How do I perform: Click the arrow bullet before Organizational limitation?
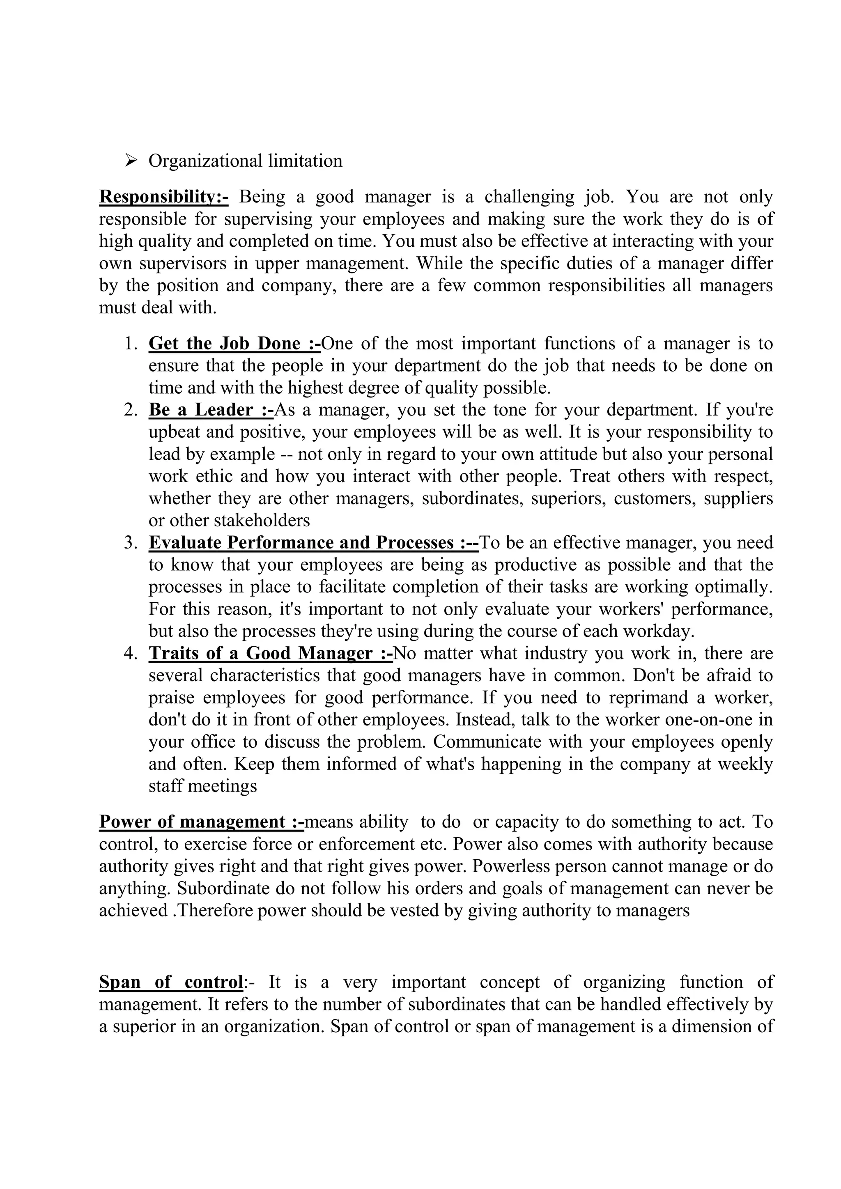coord(131,161)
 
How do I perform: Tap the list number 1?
coord(131,344)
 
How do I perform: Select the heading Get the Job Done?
coord(234,344)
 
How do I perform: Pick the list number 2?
coord(131,410)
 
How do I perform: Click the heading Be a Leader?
coord(211,410)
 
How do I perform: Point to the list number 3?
coord(131,543)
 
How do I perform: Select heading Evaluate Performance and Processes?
coord(313,543)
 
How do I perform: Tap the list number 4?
coord(131,654)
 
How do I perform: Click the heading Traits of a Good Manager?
coord(270,654)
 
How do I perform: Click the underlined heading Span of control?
coord(171,982)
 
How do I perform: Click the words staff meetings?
coord(202,786)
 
